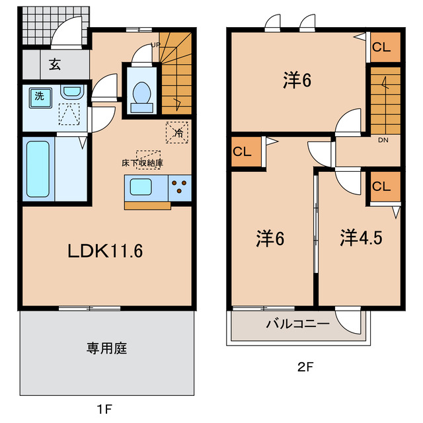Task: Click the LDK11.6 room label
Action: pyautogui.click(x=106, y=252)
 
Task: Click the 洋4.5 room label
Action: pyautogui.click(x=362, y=239)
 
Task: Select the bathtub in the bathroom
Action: pyautogui.click(x=38, y=169)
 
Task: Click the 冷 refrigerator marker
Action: pyautogui.click(x=177, y=132)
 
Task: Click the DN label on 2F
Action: pyautogui.click(x=383, y=140)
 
